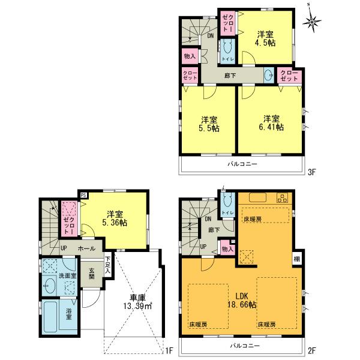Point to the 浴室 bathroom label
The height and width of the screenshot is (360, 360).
68,313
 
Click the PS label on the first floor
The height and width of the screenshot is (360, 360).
83,195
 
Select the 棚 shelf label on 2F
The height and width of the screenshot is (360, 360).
297,259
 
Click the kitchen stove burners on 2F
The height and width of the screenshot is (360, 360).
281,199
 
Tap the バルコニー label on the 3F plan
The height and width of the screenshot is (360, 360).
242,163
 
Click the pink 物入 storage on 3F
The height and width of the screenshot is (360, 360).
188,56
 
